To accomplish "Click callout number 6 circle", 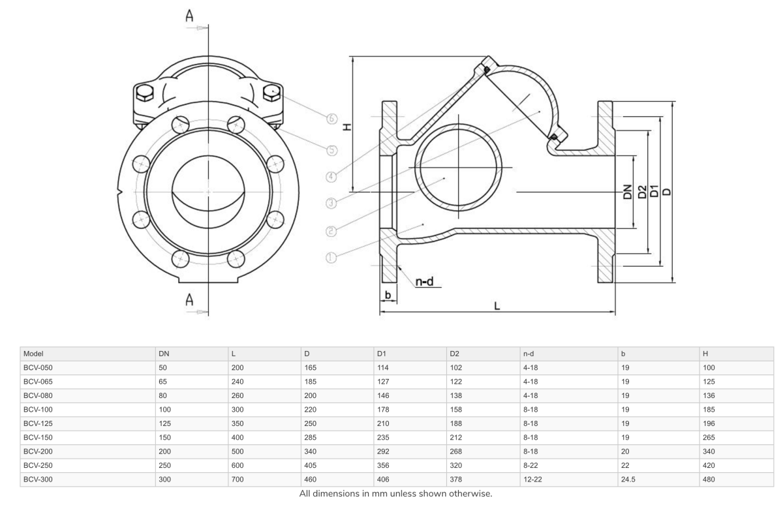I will [331, 118].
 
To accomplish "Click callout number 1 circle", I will [331, 258].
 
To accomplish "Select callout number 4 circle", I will [331, 176].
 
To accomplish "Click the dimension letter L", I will [497, 305].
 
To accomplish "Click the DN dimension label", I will [627, 192].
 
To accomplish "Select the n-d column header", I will [529, 353].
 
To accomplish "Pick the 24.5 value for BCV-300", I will [628, 480].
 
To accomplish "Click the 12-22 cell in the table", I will [532, 480].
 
